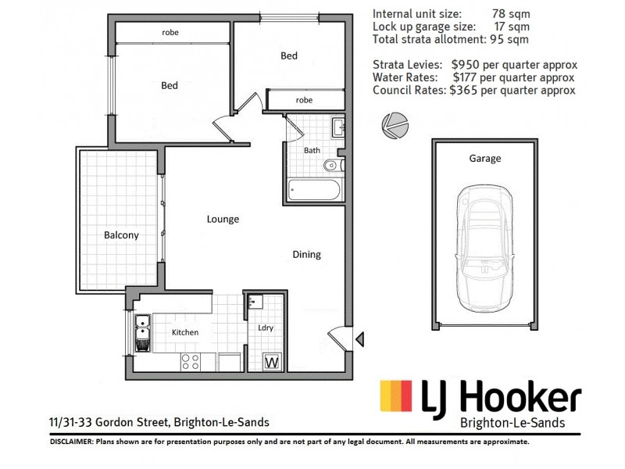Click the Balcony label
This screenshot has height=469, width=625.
point(121,234)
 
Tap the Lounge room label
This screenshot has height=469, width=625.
point(223,219)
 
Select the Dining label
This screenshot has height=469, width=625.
point(306,254)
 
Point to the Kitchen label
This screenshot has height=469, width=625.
point(185,332)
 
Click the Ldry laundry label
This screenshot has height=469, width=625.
point(266,328)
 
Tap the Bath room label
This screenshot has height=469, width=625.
point(312,150)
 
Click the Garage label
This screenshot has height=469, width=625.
point(484,158)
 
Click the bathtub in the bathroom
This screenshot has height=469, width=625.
point(313,189)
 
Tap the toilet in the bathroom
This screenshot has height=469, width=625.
point(332,165)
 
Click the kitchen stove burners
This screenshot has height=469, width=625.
point(190,361)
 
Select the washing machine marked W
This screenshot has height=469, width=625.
point(273,362)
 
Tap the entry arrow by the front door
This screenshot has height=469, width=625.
point(359,338)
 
